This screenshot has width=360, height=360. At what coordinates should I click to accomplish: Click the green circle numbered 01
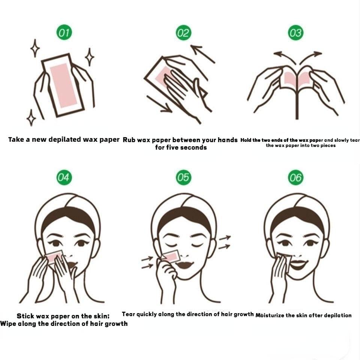click(64, 32)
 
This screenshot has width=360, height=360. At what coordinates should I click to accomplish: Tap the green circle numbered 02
click(183, 33)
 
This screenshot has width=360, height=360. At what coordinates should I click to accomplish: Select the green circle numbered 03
click(296, 33)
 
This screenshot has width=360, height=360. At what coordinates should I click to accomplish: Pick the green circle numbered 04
click(64, 177)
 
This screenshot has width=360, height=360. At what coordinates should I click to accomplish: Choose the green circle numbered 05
click(183, 177)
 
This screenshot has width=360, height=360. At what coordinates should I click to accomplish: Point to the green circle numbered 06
click(296, 177)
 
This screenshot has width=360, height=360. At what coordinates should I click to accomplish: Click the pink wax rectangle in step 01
click(63, 86)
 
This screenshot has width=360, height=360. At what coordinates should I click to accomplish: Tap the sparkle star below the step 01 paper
click(31, 117)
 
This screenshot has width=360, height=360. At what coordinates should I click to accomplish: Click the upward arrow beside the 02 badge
click(202, 54)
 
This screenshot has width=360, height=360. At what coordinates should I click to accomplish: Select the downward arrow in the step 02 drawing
click(159, 105)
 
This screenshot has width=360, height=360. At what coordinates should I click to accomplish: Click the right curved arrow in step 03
click(310, 57)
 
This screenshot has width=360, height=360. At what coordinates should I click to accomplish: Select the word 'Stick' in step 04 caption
click(25, 316)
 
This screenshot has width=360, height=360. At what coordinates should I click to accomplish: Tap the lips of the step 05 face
click(185, 264)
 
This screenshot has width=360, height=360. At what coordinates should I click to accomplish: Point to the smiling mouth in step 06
click(298, 264)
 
